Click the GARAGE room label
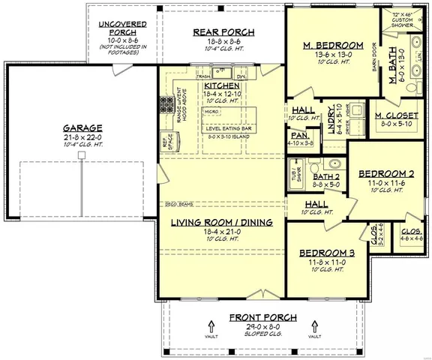point(83,127)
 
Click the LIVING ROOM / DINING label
point(220,223)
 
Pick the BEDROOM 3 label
point(327,253)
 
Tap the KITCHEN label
point(221,86)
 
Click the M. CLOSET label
point(398,116)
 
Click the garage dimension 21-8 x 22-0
point(83,138)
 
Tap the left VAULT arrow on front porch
point(211,327)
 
